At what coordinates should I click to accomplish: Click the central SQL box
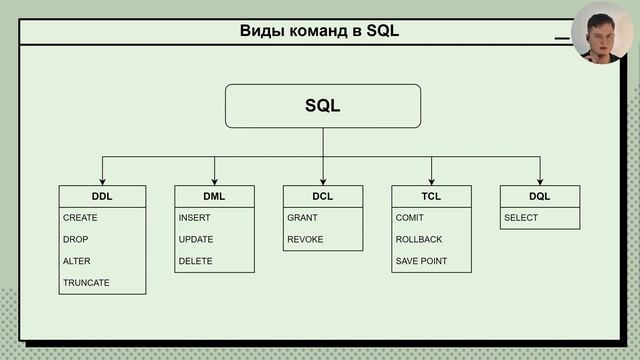tap(323, 106)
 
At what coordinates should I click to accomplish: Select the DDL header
tap(102, 196)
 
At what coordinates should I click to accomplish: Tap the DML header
tap(215, 196)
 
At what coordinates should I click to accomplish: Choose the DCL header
tap(323, 196)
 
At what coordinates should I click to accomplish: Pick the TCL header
tap(431, 196)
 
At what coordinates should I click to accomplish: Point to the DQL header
tap(540, 196)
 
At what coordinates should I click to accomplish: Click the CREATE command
tap(80, 218)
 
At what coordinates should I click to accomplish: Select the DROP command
tap(75, 240)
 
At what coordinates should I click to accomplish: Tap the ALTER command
tap(77, 261)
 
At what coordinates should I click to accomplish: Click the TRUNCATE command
tap(86, 283)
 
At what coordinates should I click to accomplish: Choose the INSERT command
tap(194, 218)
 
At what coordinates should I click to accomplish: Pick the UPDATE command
tap(196, 240)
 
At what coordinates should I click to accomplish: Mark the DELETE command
tap(195, 261)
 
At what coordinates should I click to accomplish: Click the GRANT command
tap(303, 218)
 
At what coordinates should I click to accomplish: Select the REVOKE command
tap(305, 240)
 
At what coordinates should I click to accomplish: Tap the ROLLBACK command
tap(419, 240)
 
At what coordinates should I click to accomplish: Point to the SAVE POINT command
tap(421, 261)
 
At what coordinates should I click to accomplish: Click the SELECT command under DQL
tap(521, 218)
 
